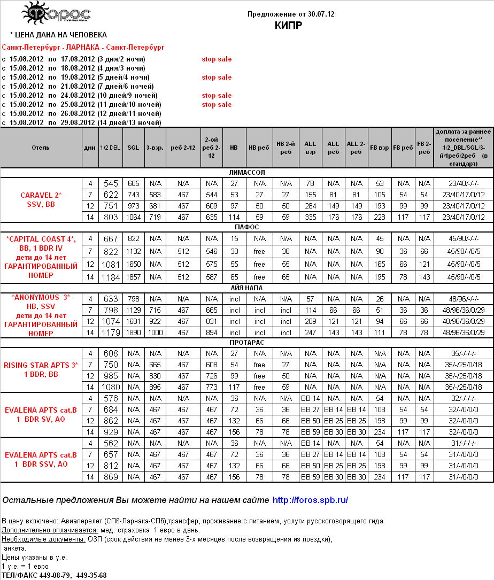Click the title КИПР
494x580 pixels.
[x=289, y=25]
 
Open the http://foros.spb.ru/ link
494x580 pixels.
[x=310, y=500]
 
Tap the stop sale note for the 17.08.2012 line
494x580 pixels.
[x=217, y=59]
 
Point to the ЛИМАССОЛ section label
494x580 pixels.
[x=246, y=173]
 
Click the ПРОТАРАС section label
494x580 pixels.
[x=246, y=342]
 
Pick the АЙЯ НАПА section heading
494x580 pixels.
[x=246, y=288]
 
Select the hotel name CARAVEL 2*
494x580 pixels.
[x=41, y=195]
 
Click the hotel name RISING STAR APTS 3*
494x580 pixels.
[x=41, y=365]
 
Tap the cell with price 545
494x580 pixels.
[x=111, y=183]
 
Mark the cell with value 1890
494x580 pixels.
[x=133, y=332]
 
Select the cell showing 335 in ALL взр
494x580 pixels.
[x=310, y=217]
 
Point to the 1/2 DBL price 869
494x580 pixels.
[x=111, y=476]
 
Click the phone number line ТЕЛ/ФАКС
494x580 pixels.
[x=55, y=575]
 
